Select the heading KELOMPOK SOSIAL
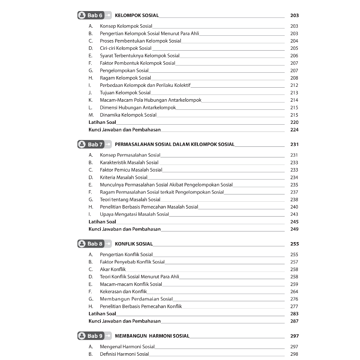coord(137,15)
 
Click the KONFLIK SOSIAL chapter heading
coord(134,244)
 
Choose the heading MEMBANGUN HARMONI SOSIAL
coord(152,336)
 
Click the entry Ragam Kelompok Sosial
coord(125,78)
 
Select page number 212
coord(294,85)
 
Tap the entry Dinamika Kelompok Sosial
coord(128,115)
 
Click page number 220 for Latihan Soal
coord(294,122)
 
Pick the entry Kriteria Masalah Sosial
coord(123,177)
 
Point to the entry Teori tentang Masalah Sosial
coord(130,199)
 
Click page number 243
coord(294,214)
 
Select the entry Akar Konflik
coord(113,269)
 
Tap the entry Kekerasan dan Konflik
coord(123,291)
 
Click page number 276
coord(294,299)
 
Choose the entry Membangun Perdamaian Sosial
coord(136,299)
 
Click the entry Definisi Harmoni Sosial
coord(124,354)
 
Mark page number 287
coord(294,321)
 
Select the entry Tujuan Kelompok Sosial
coord(125,93)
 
